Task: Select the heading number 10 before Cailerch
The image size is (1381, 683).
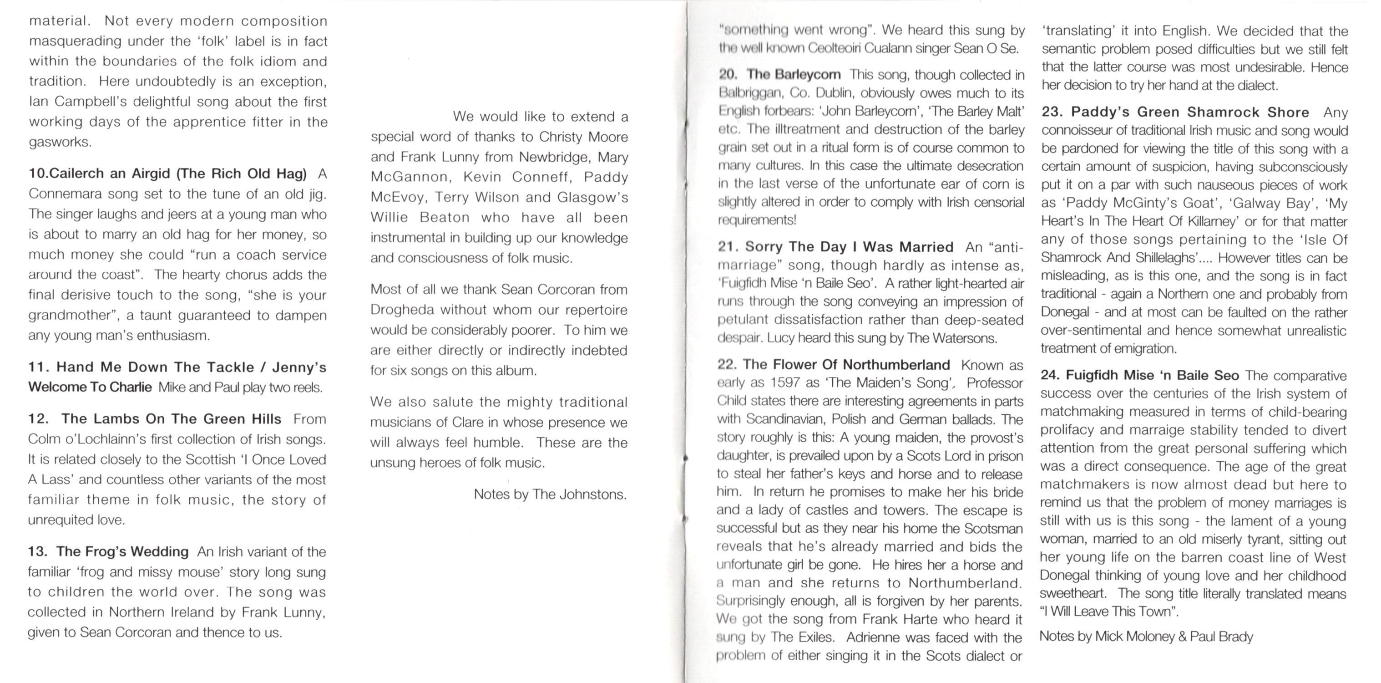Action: tap(37, 174)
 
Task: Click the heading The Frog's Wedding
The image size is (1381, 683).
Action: tap(122, 551)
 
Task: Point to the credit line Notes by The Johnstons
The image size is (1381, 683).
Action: tap(550, 494)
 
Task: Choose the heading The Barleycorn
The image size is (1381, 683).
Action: tap(794, 75)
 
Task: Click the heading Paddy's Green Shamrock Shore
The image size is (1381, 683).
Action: tap(1189, 112)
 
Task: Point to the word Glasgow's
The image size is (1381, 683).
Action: tap(592, 198)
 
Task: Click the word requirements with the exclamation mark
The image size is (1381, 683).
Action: tap(757, 220)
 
